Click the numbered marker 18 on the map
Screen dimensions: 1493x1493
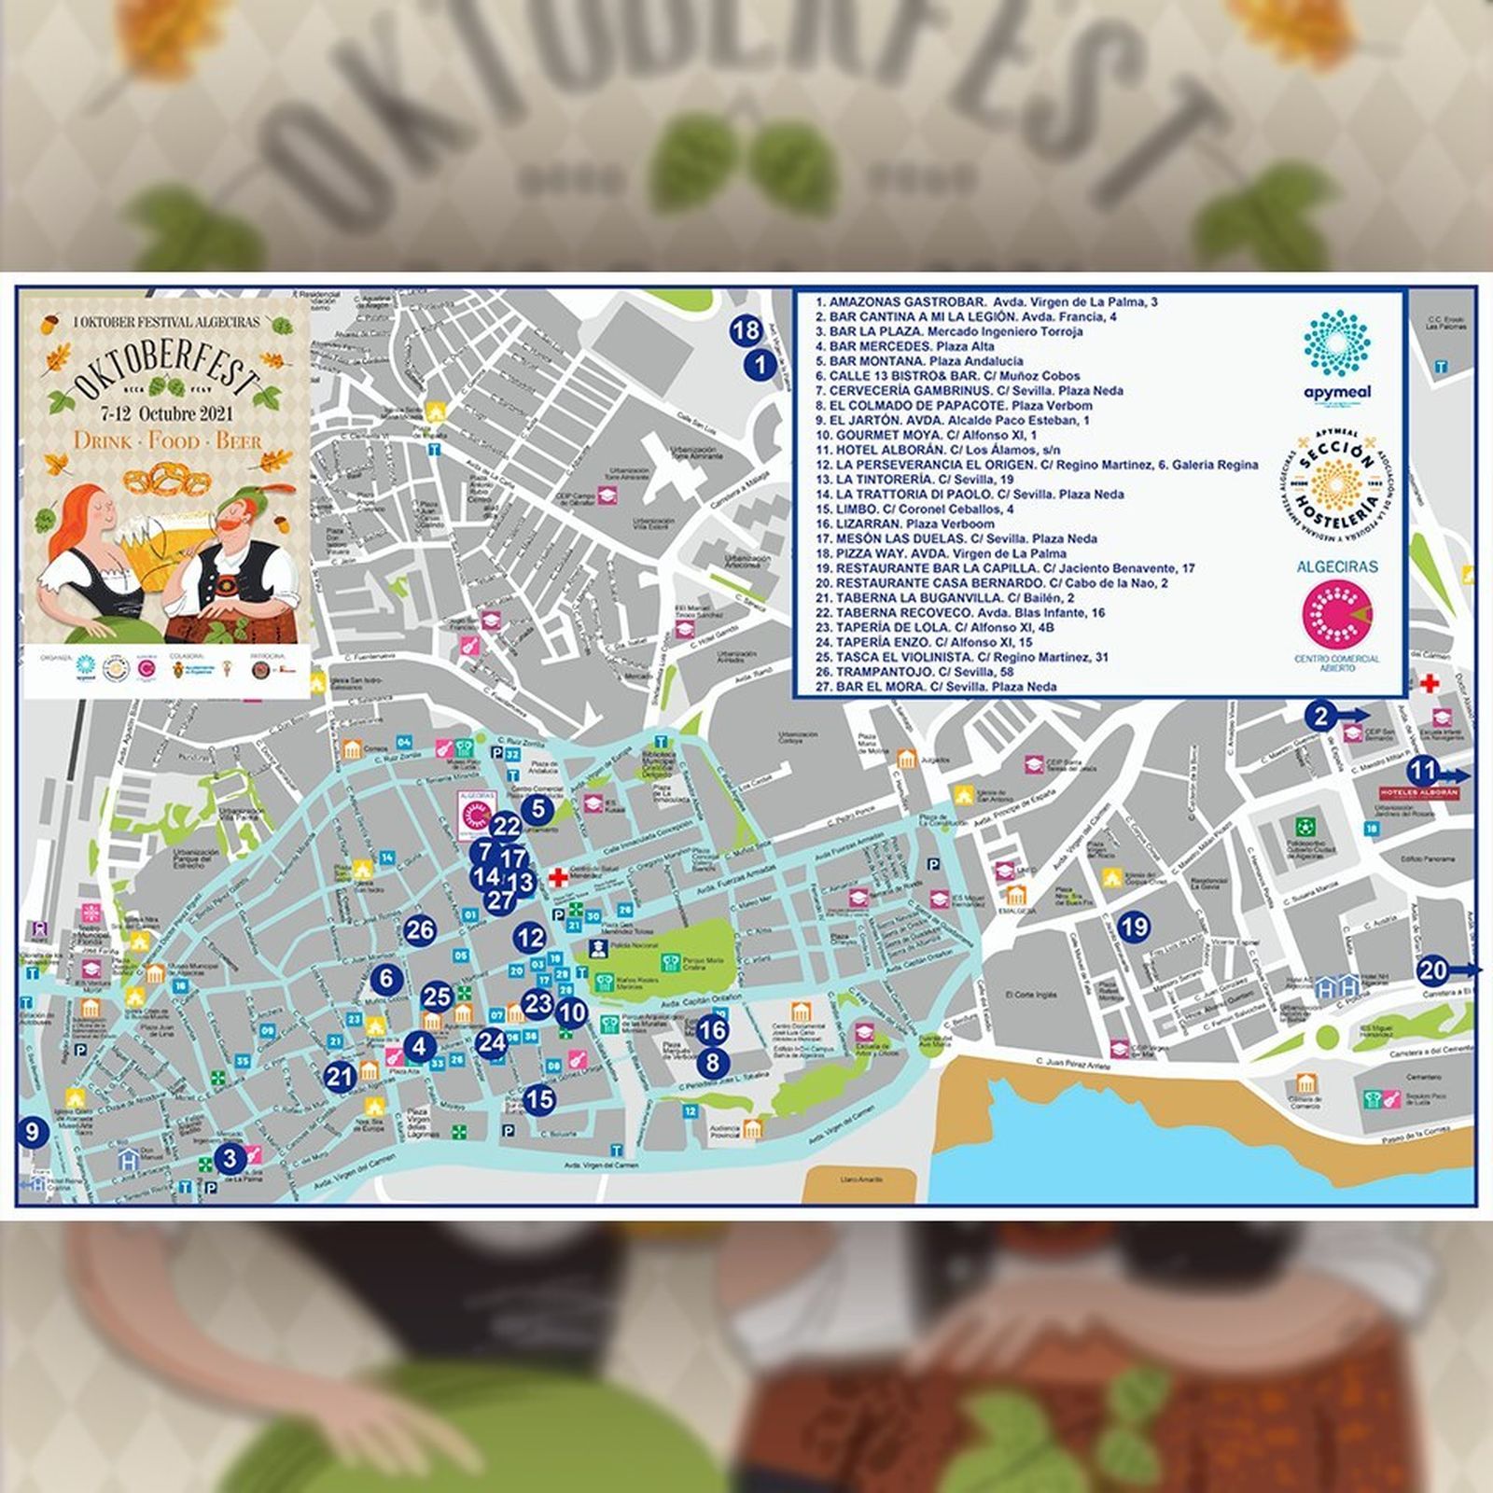tap(746, 330)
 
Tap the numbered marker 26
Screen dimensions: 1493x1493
tap(420, 929)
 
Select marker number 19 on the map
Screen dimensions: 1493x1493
tap(1134, 927)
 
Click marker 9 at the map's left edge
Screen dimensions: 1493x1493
tap(33, 1133)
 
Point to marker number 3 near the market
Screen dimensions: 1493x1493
tap(230, 1159)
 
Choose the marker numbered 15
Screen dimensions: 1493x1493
tap(538, 1099)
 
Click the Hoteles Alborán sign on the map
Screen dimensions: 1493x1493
tap(1418, 793)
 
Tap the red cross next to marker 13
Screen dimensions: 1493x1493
tap(558, 877)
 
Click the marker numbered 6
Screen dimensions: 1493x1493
tap(386, 979)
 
